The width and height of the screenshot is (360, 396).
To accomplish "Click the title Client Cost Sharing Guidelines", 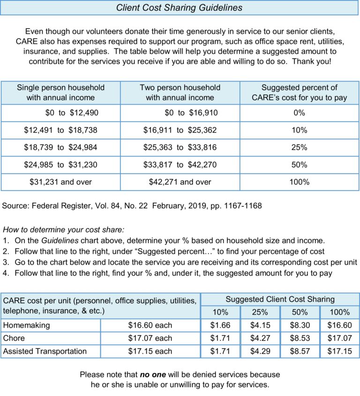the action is coord(179,8).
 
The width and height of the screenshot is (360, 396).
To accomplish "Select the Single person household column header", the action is coord(60,92).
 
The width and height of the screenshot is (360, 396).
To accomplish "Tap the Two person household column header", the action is coord(180,92).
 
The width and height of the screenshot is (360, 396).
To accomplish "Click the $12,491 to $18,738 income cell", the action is coord(60,130).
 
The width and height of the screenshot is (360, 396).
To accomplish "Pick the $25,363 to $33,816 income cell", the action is coord(180,147).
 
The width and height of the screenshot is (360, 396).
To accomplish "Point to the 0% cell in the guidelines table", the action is coord(299,113).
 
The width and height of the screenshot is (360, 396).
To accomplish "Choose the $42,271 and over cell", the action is coord(180,182).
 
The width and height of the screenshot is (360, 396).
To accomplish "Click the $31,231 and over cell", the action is coord(60,182).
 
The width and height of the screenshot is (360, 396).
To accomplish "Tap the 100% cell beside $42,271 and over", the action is coord(299,182).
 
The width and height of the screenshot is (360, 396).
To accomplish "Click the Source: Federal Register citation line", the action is coord(132,206).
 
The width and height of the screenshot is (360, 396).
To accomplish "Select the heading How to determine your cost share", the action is coord(63,229).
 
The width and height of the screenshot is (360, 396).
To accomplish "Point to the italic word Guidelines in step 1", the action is coord(60,240).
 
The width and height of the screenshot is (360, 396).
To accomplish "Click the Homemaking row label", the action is coord(27,325).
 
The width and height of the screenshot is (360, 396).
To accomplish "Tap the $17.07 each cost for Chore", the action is coord(150,338).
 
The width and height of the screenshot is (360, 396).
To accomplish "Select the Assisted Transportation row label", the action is coord(45,351).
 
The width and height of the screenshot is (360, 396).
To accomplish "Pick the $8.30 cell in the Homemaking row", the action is coord(300,325).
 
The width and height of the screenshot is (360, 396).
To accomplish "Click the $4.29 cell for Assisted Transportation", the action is coord(260,351).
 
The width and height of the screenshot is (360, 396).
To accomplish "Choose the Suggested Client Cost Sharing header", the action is coord(280,299).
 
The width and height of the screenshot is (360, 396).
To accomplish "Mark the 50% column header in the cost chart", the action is coord(300,312).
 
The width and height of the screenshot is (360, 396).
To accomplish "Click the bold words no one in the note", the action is coord(153,374).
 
